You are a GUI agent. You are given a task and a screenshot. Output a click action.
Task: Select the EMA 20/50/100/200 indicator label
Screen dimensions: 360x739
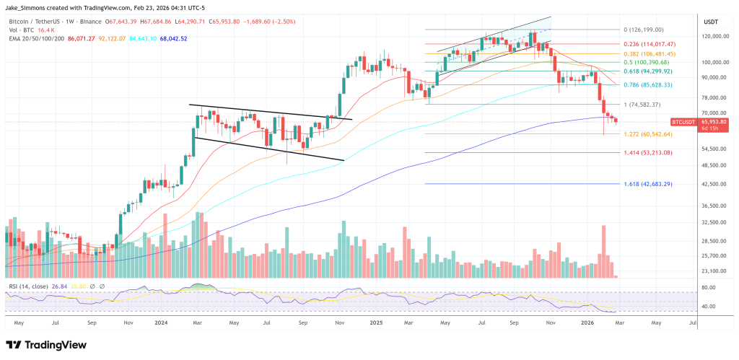(36, 38)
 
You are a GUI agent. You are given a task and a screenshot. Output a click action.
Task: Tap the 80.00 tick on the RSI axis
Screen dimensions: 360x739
(709, 287)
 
